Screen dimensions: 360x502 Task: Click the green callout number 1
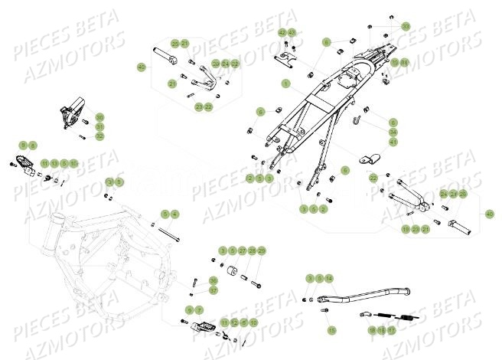(x=285, y=83)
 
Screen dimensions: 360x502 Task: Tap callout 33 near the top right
(x=405, y=26)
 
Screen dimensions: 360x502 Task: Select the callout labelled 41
(x=393, y=142)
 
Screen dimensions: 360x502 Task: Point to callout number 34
(x=393, y=132)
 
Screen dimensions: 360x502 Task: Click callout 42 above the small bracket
(x=282, y=32)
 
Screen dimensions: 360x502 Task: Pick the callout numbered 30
(x=99, y=117)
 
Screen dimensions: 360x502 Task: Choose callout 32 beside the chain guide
(x=99, y=136)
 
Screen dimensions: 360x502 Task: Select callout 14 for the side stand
(x=329, y=277)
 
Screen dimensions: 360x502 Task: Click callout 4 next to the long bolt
(x=175, y=214)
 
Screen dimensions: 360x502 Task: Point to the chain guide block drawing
(x=69, y=115)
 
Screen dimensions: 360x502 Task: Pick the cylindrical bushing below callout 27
(x=229, y=273)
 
